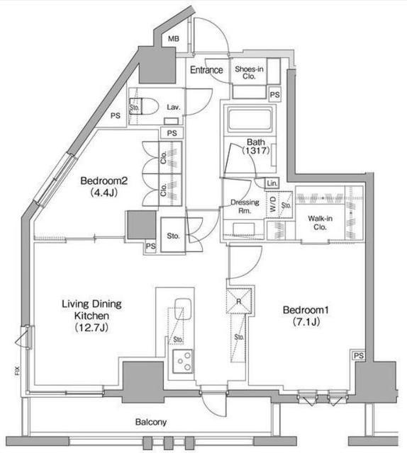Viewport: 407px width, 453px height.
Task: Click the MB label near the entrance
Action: [x=174, y=38]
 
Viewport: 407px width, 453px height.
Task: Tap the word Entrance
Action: [x=206, y=70]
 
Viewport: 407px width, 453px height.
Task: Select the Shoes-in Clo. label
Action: [x=249, y=72]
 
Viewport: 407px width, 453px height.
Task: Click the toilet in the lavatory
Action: [x=144, y=107]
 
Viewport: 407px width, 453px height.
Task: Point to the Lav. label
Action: [x=174, y=108]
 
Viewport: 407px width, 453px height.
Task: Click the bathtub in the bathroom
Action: [x=250, y=119]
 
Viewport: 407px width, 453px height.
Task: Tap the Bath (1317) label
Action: [x=256, y=147]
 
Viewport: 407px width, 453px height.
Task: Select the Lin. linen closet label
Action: [x=272, y=183]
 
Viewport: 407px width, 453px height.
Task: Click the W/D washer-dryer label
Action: [x=273, y=205]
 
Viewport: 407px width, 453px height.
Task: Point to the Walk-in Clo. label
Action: [x=320, y=223]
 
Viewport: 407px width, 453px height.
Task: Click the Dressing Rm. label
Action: [x=245, y=207]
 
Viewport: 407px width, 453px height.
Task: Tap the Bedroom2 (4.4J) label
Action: [x=104, y=187]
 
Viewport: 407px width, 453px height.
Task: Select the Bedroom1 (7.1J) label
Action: [x=306, y=316]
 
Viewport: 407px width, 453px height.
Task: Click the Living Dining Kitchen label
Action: [x=91, y=316]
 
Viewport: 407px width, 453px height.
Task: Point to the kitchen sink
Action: [x=183, y=309]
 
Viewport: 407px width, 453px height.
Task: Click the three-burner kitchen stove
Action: [x=183, y=361]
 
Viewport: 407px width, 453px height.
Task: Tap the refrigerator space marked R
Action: [x=239, y=302]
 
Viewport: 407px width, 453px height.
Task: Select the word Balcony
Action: [x=151, y=423]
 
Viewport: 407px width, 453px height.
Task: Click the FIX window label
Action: [x=17, y=371]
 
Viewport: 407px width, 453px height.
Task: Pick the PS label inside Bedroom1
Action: [x=359, y=355]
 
